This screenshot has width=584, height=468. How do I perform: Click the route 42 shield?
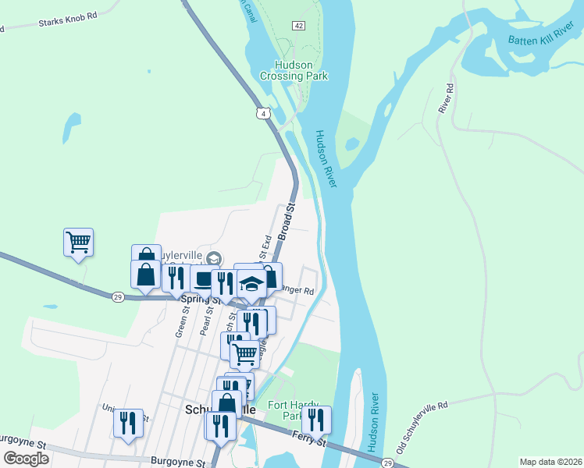[x=299, y=26]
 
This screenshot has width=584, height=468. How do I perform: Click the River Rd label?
[x=447, y=97]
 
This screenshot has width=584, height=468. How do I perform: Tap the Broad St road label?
[x=287, y=221]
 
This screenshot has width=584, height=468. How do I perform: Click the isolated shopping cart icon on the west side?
[x=78, y=242]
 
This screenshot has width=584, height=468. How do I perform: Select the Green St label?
[x=185, y=320]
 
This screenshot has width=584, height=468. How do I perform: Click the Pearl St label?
[x=207, y=321]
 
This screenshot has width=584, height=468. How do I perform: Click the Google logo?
[x=26, y=458]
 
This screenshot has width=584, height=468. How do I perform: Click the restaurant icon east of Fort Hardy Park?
[x=316, y=420]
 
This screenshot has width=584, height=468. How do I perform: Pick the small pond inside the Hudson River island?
[x=352, y=144]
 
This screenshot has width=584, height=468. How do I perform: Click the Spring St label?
[x=197, y=300]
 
